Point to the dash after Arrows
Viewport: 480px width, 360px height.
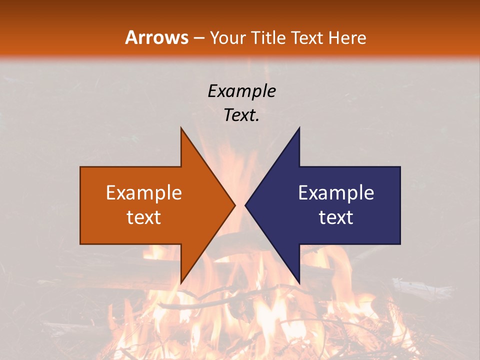click(198, 38)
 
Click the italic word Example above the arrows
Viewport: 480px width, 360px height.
click(242, 91)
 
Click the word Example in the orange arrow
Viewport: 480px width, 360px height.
click(144, 193)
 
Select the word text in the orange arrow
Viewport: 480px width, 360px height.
click(144, 217)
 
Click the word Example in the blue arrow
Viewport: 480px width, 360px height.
click(336, 193)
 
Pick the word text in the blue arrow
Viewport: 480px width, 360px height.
click(336, 217)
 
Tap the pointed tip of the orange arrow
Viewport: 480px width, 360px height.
click(235, 205)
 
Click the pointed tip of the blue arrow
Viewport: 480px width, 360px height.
click(245, 205)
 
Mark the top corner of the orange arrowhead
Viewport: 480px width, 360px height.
click(181, 128)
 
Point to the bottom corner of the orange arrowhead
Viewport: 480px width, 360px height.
click(181, 283)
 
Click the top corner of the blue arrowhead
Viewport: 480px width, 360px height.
click(299, 128)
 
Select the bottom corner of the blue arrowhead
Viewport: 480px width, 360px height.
click(299, 283)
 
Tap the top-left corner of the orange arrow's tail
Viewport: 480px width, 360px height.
click(80, 167)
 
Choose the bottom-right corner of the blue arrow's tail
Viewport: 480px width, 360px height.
click(400, 244)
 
